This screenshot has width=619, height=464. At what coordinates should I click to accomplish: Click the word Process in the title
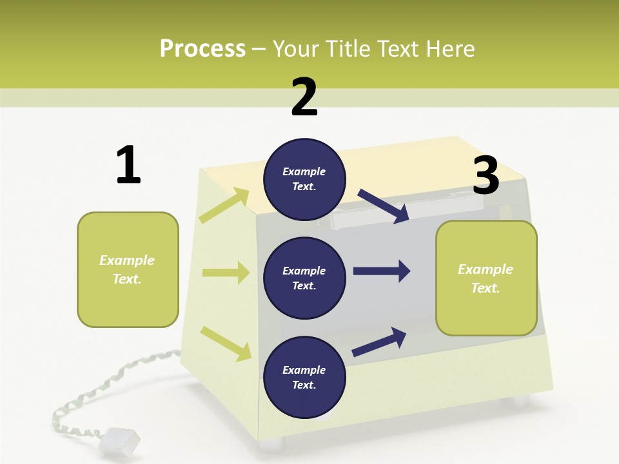202,48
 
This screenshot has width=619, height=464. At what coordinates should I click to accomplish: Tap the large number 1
128,165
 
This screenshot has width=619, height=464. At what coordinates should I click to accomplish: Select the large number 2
304,97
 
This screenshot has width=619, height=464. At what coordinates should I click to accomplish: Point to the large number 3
486,175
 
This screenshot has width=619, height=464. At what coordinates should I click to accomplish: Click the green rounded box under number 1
128,269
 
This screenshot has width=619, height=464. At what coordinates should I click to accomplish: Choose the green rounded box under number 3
486,278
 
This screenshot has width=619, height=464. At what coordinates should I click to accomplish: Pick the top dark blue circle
304,179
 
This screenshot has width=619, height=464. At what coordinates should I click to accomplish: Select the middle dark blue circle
304,278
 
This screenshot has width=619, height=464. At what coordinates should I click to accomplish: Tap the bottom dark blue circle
304,378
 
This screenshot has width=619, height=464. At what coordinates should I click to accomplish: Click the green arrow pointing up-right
224,206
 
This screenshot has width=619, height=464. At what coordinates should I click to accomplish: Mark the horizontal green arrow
226,273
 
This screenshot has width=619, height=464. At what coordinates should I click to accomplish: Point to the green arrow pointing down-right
226,343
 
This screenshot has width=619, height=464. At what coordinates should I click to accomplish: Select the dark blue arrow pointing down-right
384,206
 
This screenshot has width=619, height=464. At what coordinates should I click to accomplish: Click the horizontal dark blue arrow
382,271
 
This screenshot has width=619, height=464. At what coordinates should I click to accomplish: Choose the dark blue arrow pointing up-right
379,342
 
